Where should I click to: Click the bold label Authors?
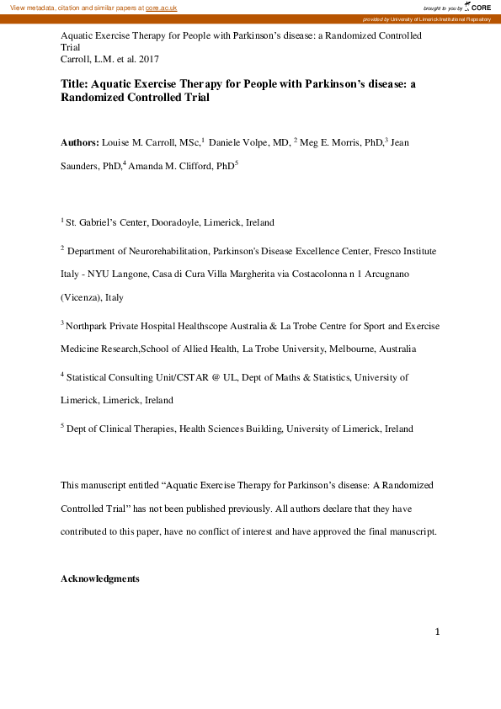coord(80,144)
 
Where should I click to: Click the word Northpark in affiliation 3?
coord(87,326)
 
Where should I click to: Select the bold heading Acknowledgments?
coord(100,579)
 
